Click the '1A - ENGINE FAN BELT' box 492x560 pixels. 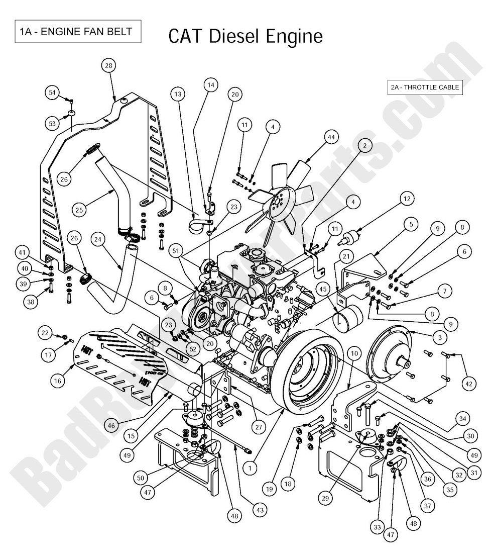click(76, 32)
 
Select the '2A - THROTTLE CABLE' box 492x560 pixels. click(425, 87)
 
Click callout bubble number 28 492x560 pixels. click(109, 65)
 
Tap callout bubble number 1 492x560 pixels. click(250, 467)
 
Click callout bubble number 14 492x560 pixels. click(211, 85)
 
